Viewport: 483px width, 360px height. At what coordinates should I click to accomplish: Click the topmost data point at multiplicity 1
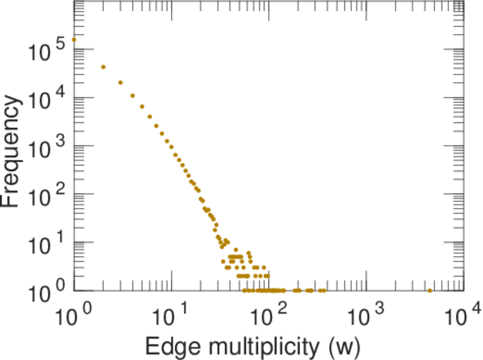74,40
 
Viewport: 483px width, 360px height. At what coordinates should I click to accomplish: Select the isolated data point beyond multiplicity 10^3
430,290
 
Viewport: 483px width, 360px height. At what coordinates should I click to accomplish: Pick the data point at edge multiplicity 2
103,67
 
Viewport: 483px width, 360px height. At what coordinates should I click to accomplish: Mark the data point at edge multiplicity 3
121,83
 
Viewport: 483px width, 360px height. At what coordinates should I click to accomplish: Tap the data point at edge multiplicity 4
133,95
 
